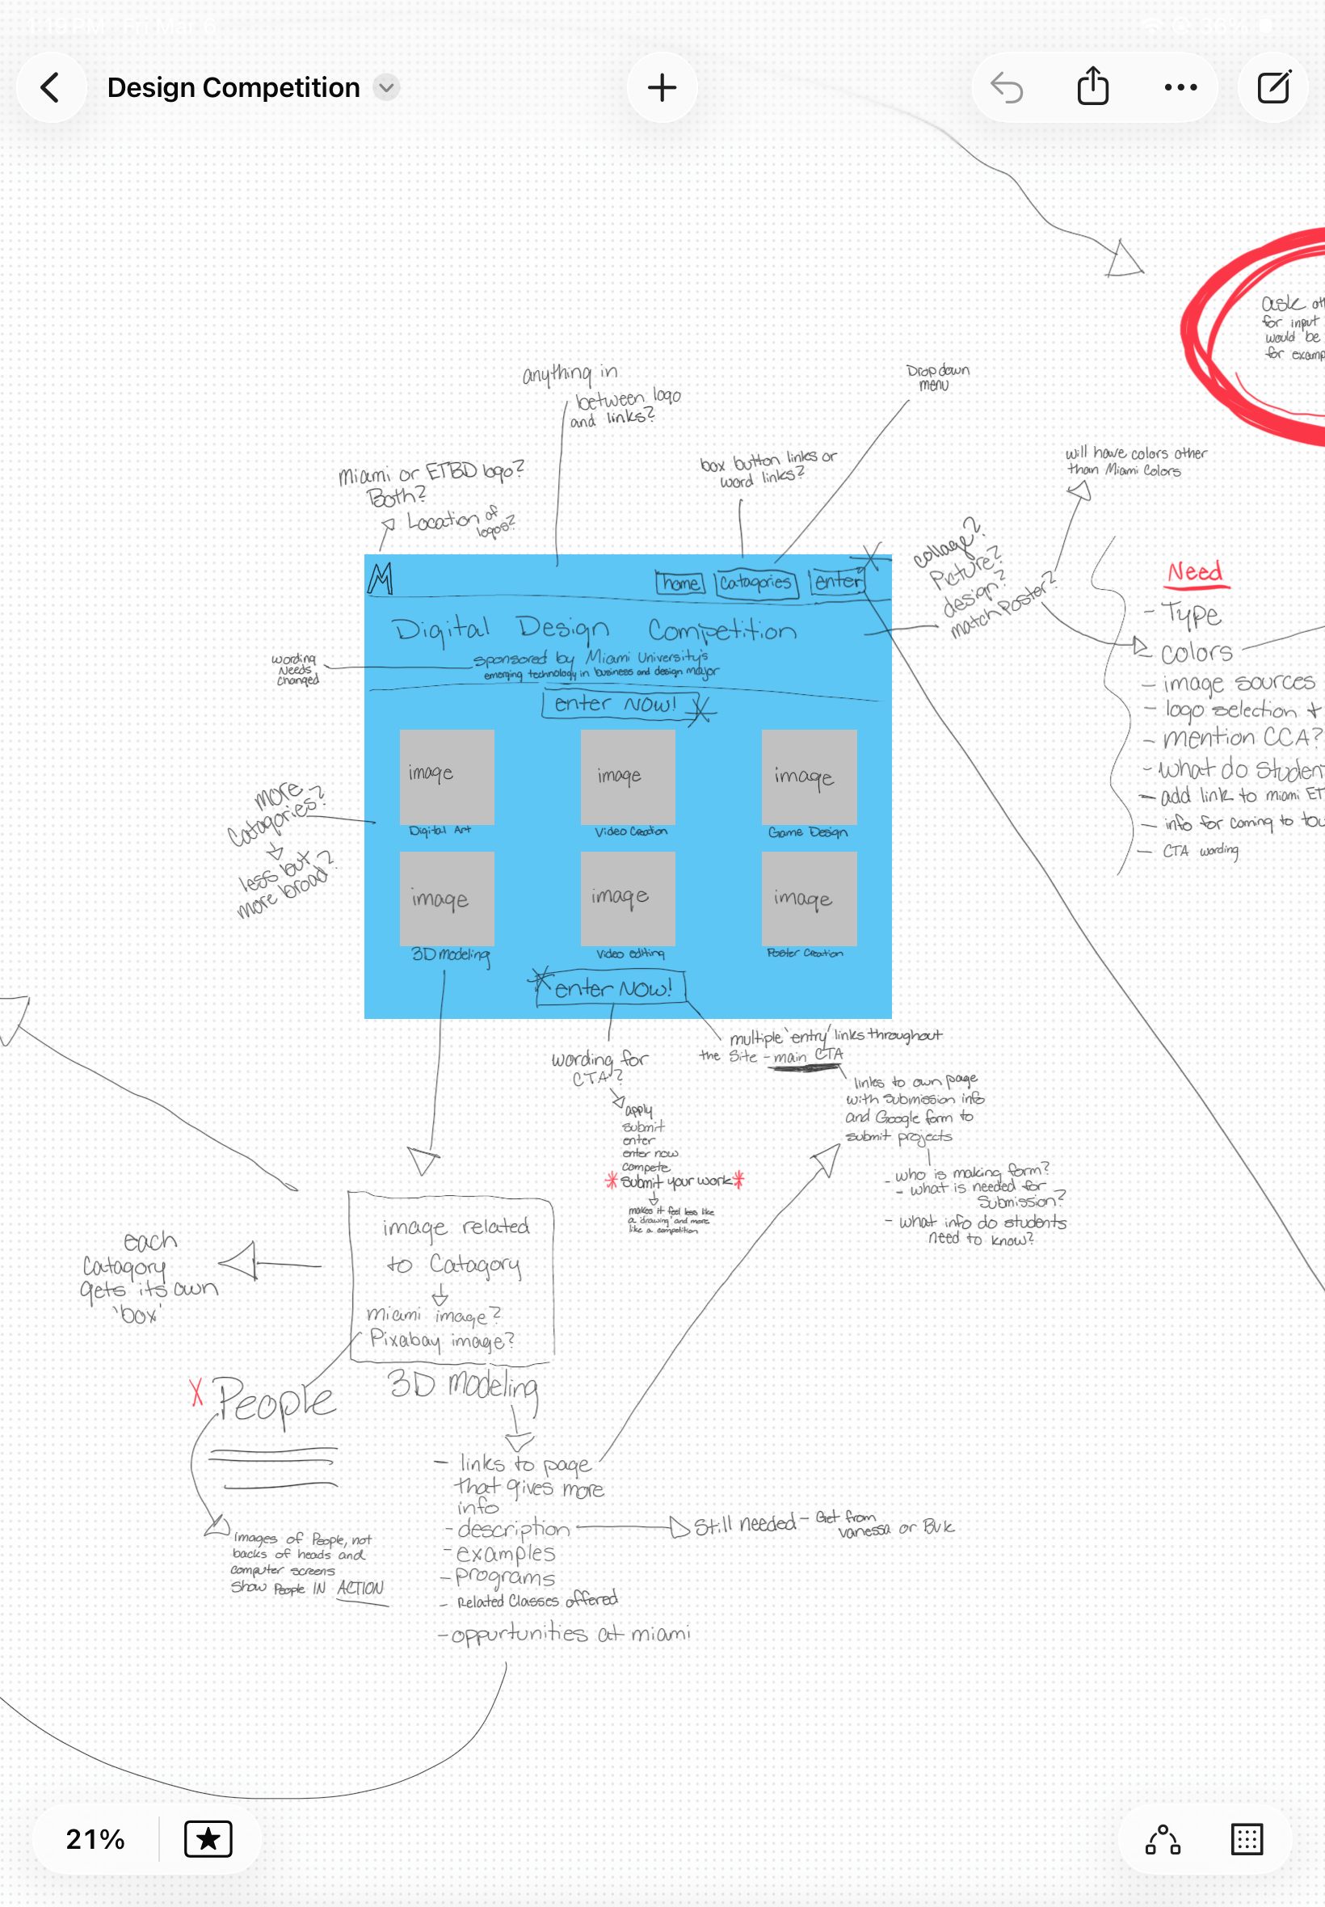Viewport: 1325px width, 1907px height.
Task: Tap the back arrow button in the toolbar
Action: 51,87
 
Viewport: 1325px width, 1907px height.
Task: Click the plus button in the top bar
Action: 662,87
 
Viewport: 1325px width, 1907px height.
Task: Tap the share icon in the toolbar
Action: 1092,87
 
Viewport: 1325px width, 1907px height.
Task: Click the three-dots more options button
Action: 1180,87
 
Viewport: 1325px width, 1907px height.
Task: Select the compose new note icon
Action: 1272,87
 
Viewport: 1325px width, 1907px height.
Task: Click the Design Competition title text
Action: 233,87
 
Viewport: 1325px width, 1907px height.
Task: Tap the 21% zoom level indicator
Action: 95,1838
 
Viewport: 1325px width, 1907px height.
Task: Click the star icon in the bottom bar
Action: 208,1838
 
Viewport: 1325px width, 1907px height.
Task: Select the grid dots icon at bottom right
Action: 1246,1838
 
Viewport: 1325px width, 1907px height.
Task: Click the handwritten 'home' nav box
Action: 680,583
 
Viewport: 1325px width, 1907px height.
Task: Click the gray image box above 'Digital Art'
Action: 447,777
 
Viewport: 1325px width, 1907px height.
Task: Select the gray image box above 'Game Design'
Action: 809,777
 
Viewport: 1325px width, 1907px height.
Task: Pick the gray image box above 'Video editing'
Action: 628,899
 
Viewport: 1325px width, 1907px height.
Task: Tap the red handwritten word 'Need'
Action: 1195,572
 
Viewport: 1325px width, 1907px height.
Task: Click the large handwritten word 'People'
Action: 276,1400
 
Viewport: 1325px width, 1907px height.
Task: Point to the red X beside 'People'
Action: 196,1391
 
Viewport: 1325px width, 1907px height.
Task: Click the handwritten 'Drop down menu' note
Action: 937,377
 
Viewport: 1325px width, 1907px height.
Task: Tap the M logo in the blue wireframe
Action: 381,579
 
